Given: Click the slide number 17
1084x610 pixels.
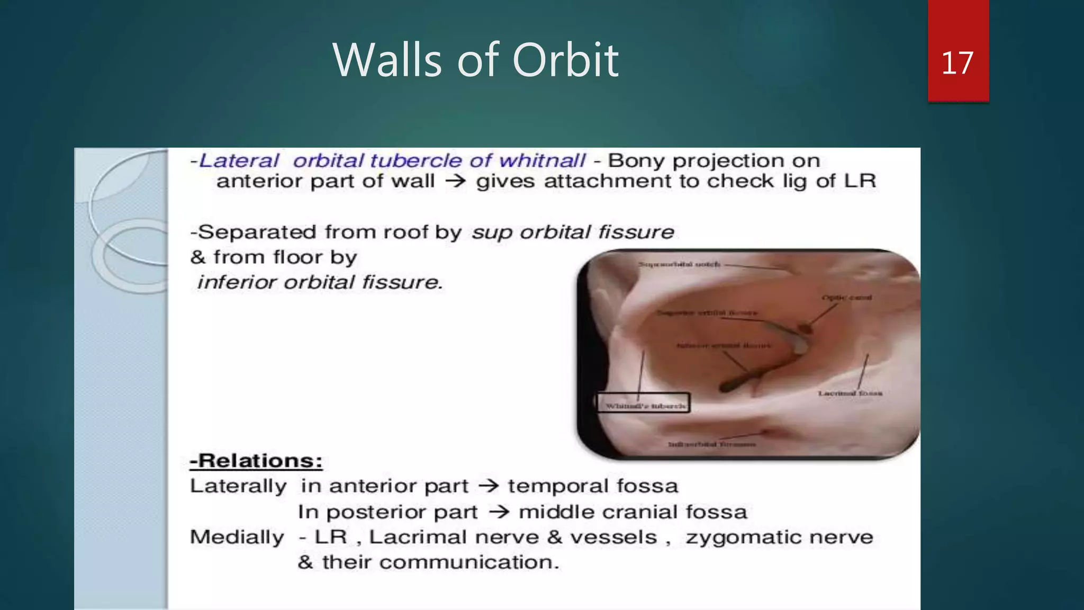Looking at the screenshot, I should coord(957,63).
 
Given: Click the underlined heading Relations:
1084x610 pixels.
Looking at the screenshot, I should coord(256,461).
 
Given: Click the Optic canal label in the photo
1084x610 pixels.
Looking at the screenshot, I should coord(846,298).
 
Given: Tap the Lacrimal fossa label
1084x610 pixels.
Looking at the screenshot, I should coord(850,393).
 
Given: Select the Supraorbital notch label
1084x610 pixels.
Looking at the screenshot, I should coord(679,264).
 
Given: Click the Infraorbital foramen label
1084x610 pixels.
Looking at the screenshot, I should coord(711,444).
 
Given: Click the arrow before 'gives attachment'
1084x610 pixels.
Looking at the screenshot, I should coord(455,181).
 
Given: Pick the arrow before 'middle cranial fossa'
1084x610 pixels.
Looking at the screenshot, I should coord(499,512).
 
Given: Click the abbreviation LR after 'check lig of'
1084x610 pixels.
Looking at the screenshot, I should coord(860,181).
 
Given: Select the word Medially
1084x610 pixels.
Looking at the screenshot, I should coord(237,537).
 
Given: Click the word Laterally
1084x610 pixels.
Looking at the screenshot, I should coord(238,486).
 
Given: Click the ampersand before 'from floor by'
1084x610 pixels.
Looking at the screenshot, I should coord(197,257).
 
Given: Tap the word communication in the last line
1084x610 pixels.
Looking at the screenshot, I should coord(469,562).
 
